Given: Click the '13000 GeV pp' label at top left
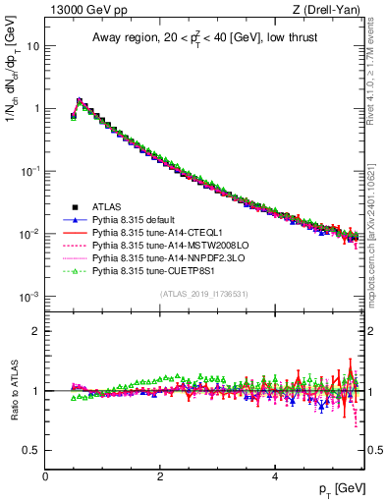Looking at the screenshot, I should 81,10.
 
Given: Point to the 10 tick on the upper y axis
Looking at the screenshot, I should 34,45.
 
